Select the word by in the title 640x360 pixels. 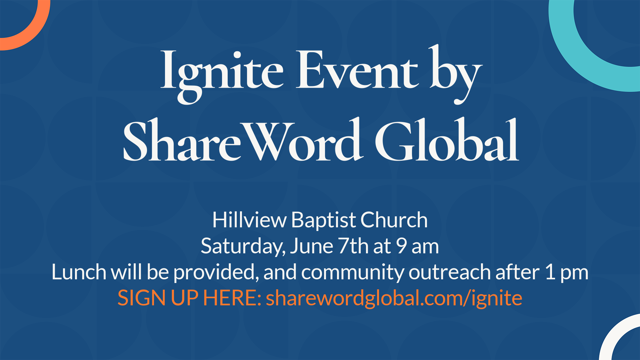456,74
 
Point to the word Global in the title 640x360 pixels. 447,139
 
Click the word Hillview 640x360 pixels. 249,220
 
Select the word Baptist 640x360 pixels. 323,221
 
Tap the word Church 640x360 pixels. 394,220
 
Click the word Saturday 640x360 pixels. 243,247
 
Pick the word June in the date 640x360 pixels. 312,246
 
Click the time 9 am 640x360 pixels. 417,246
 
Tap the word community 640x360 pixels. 352,273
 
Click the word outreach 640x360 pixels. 450,272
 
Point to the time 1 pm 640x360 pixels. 567,273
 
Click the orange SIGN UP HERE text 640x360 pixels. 189,298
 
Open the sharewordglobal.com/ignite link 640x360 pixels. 394,298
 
